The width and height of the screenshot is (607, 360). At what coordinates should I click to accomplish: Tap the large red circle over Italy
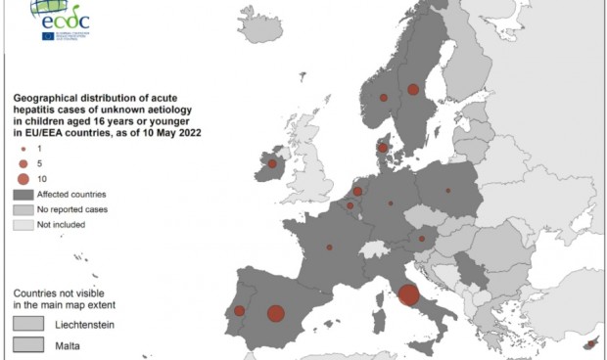coord(409,293)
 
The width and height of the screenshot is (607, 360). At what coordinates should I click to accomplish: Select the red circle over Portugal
coord(240,311)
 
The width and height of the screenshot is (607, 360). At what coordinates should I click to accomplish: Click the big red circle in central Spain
coord(276,314)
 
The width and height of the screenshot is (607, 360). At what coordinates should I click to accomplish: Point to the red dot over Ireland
coord(272,164)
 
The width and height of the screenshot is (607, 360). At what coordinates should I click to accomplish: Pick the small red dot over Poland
coord(447,191)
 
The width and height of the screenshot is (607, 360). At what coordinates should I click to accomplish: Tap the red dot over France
coord(329,247)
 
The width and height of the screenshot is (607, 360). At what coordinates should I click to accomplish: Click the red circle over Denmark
coord(384,149)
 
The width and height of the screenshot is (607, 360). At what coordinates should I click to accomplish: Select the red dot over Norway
coord(383,97)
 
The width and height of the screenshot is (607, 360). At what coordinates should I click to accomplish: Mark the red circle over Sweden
coord(413,89)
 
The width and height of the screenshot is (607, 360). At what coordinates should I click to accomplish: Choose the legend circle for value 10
coord(22,178)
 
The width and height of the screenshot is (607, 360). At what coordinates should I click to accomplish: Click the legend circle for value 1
coord(22,147)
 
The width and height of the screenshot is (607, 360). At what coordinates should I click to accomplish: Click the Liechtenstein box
coord(27,323)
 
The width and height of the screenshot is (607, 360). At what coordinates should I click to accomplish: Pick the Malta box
coord(27,344)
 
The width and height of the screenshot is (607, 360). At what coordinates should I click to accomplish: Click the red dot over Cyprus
coord(589,344)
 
